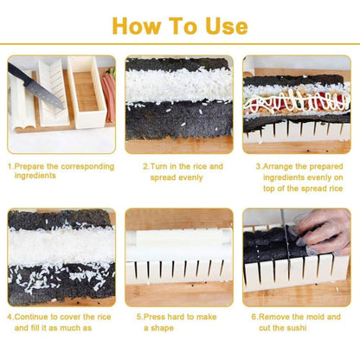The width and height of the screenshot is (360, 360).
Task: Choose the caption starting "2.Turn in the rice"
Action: [x=183, y=170]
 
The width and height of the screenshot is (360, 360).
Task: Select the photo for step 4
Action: [x=61, y=257]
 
